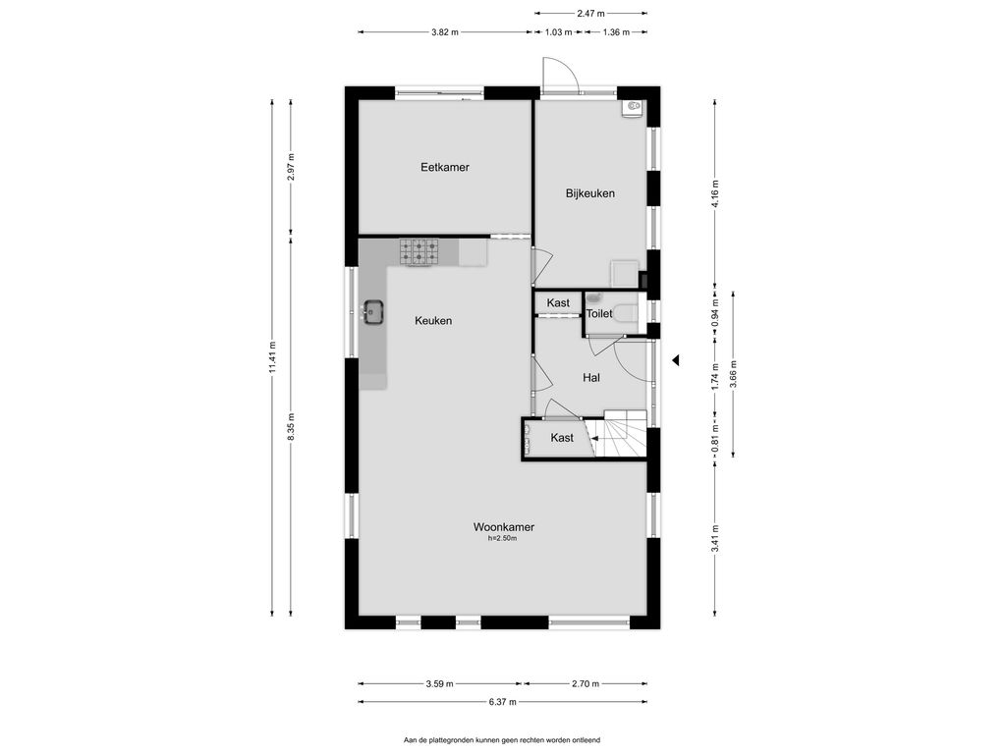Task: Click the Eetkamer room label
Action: point(445,167)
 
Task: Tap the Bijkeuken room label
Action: point(590,193)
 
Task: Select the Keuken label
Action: point(433,321)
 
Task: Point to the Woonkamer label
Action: point(504,527)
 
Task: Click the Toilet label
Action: point(599,313)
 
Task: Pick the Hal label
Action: point(590,378)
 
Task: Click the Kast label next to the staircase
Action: point(562,437)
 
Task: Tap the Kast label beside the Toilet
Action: point(558,302)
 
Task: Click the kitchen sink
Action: point(372,312)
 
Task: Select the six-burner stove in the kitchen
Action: point(419,252)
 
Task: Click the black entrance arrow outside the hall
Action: point(675,360)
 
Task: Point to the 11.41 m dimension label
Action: point(272,357)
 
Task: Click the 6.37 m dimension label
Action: point(502,701)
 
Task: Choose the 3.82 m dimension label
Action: point(445,32)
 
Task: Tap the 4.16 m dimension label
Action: point(715,193)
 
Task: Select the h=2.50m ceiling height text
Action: point(502,539)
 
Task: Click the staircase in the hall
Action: point(619,433)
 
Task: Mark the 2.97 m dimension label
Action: point(291,167)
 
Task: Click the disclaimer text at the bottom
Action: point(502,740)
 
